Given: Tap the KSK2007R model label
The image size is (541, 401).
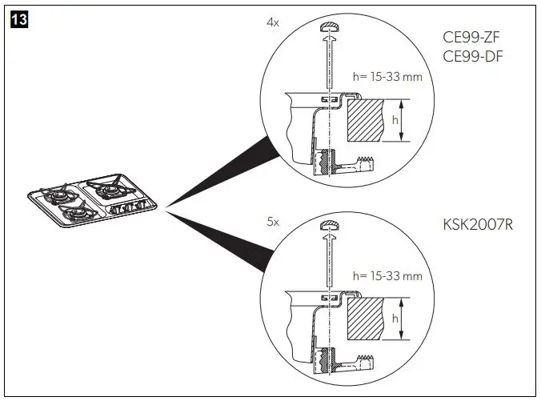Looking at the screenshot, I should [477, 225].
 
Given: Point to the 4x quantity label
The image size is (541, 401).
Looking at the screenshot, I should [273, 23].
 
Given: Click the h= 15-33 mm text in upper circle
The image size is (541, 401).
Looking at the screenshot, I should [387, 78].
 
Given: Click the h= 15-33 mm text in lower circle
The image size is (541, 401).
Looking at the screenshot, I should [387, 276].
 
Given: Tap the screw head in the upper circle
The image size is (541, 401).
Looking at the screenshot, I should [330, 30].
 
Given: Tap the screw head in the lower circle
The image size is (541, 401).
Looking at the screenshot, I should [330, 226].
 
